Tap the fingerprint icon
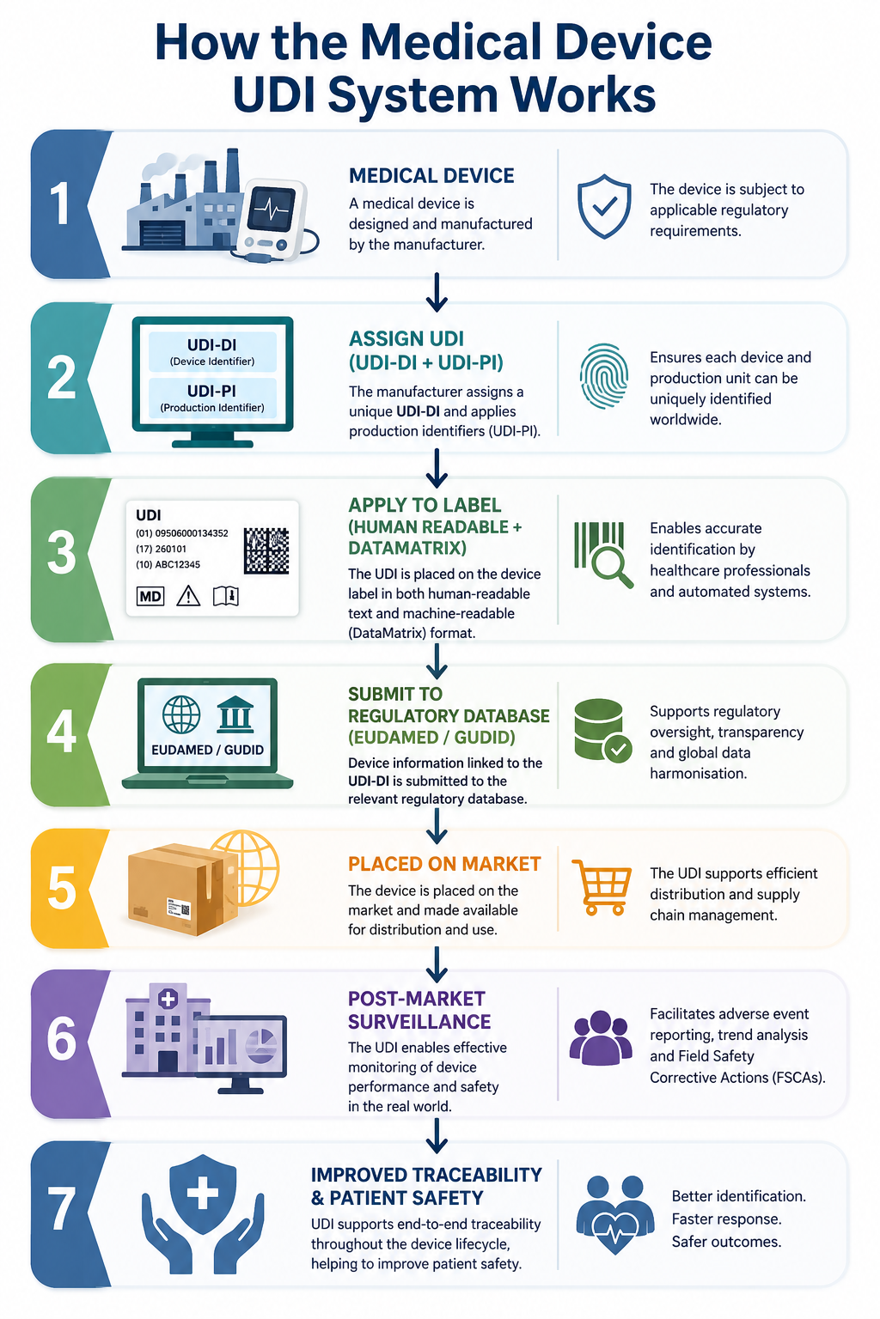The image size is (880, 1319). (603, 375)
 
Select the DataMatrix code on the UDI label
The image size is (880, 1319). (266, 550)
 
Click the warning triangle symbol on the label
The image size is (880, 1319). (188, 596)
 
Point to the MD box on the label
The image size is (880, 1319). (150, 597)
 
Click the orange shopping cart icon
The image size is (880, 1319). (602, 887)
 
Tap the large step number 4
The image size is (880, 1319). (62, 731)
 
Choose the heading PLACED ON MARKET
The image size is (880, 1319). (443, 864)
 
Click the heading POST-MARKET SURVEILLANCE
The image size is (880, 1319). (419, 1010)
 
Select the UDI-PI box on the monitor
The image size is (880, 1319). (212, 398)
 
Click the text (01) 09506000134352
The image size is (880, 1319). (181, 533)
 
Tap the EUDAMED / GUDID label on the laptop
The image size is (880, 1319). (207, 750)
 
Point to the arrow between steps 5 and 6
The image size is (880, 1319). (437, 963)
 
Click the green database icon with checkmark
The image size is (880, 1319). (602, 730)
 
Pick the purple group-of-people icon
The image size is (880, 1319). (600, 1038)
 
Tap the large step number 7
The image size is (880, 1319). (62, 1209)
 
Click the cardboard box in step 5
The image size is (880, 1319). (183, 889)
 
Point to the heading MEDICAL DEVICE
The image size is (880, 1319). (431, 175)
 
